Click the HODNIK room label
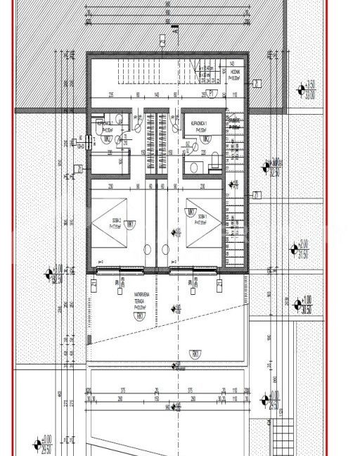pyautogui.click(x=235, y=77)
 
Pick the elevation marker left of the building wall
pyautogui.click(x=50, y=272)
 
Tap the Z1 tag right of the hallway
pyautogui.click(x=257, y=195)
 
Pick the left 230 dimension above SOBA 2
pyautogui.click(x=111, y=186)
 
